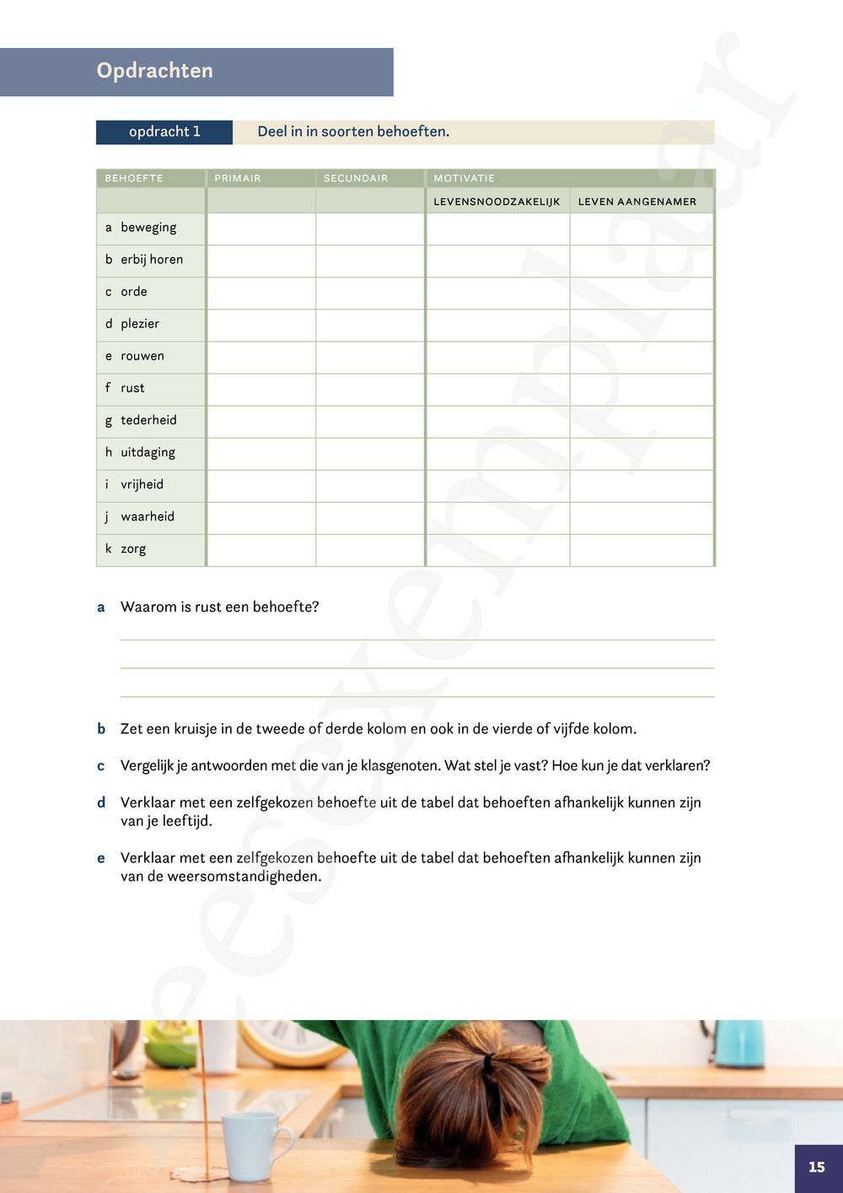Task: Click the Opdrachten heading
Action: click(154, 71)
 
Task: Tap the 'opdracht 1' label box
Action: click(164, 132)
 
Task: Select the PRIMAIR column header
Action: click(238, 178)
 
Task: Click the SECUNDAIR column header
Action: click(356, 178)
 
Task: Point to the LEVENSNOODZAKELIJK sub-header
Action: click(497, 202)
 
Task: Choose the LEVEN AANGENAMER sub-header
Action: click(637, 202)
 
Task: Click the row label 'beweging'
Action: click(148, 228)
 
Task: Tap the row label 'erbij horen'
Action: click(152, 260)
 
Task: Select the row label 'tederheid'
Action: click(148, 420)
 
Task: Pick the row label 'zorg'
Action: click(133, 549)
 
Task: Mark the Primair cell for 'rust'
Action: click(261, 389)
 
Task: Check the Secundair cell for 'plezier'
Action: click(370, 325)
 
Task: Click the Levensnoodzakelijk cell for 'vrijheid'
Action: click(497, 485)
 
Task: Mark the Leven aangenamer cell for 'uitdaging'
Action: click(642, 453)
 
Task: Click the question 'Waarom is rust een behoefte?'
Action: click(219, 607)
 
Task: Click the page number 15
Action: click(817, 1168)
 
